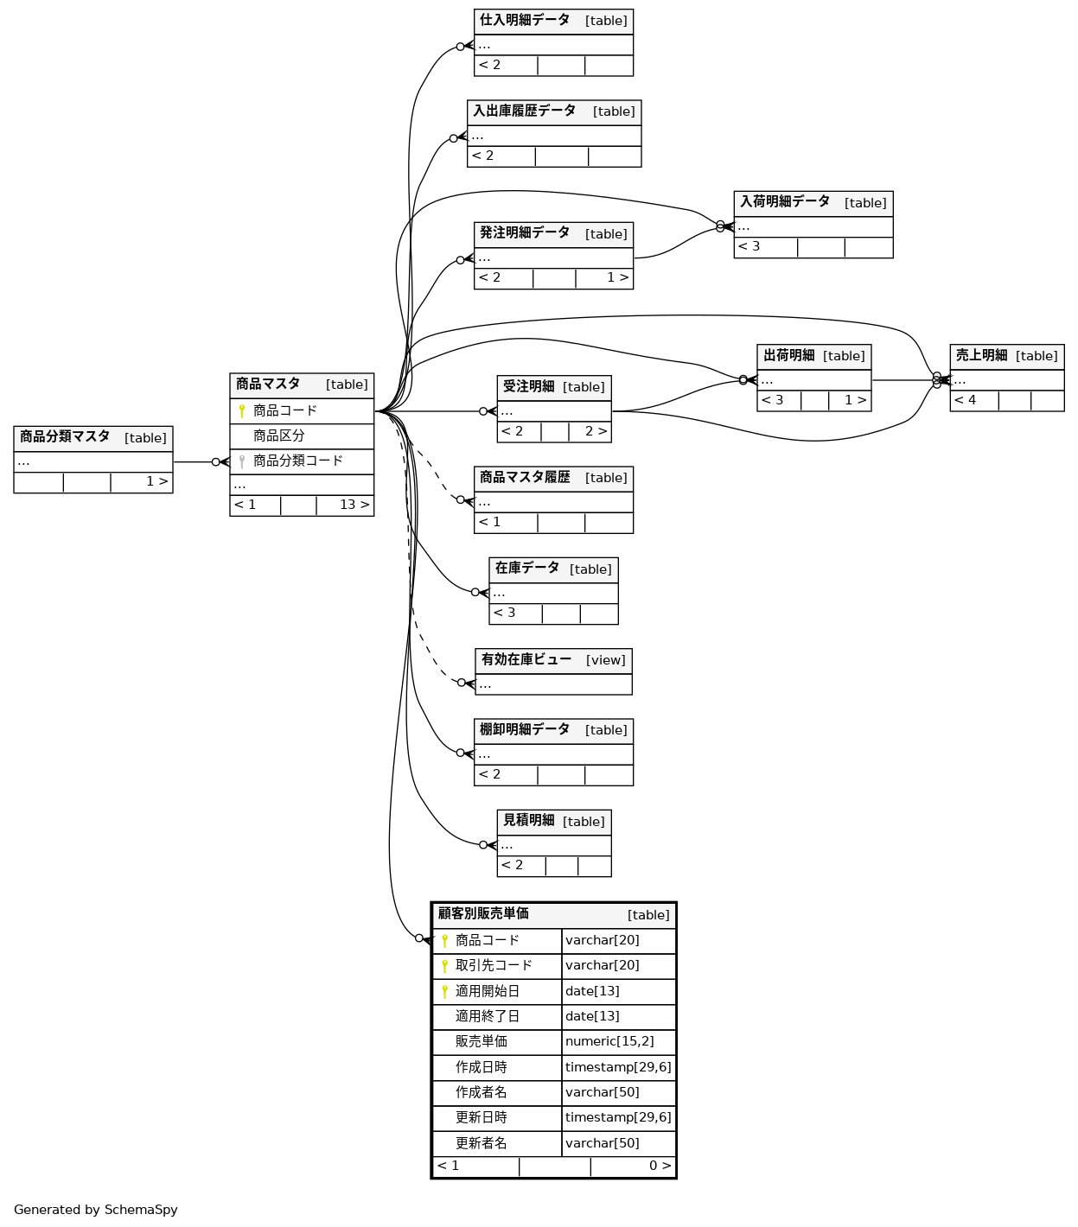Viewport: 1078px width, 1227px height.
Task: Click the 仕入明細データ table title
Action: click(x=525, y=20)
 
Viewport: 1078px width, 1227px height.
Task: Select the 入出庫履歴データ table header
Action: click(x=524, y=111)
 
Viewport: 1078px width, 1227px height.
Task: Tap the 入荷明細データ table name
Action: click(x=785, y=201)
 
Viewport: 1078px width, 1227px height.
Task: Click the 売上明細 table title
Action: click(x=981, y=355)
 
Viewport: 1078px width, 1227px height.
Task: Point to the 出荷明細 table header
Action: click(x=788, y=355)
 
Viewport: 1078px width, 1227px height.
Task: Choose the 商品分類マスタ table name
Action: click(x=65, y=436)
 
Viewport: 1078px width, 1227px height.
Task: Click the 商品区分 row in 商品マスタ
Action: click(x=278, y=435)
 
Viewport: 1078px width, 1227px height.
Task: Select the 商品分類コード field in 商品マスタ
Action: click(x=297, y=461)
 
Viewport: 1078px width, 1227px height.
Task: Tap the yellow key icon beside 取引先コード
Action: click(x=444, y=965)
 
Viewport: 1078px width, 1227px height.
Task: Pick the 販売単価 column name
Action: click(x=482, y=1041)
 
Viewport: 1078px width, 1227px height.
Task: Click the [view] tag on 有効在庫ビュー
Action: click(x=605, y=660)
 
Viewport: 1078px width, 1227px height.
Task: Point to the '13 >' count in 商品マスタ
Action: click(x=354, y=505)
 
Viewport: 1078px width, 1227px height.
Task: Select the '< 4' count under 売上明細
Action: click(x=965, y=400)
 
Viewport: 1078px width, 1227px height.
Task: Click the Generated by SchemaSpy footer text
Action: click(x=96, y=1210)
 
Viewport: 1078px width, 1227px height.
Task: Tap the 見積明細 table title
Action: click(x=528, y=820)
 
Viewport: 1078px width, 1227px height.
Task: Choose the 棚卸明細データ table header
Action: click(x=525, y=729)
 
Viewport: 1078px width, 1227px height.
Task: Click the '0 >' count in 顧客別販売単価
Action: click(x=660, y=1166)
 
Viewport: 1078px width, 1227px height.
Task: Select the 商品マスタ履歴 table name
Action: click(x=525, y=477)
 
